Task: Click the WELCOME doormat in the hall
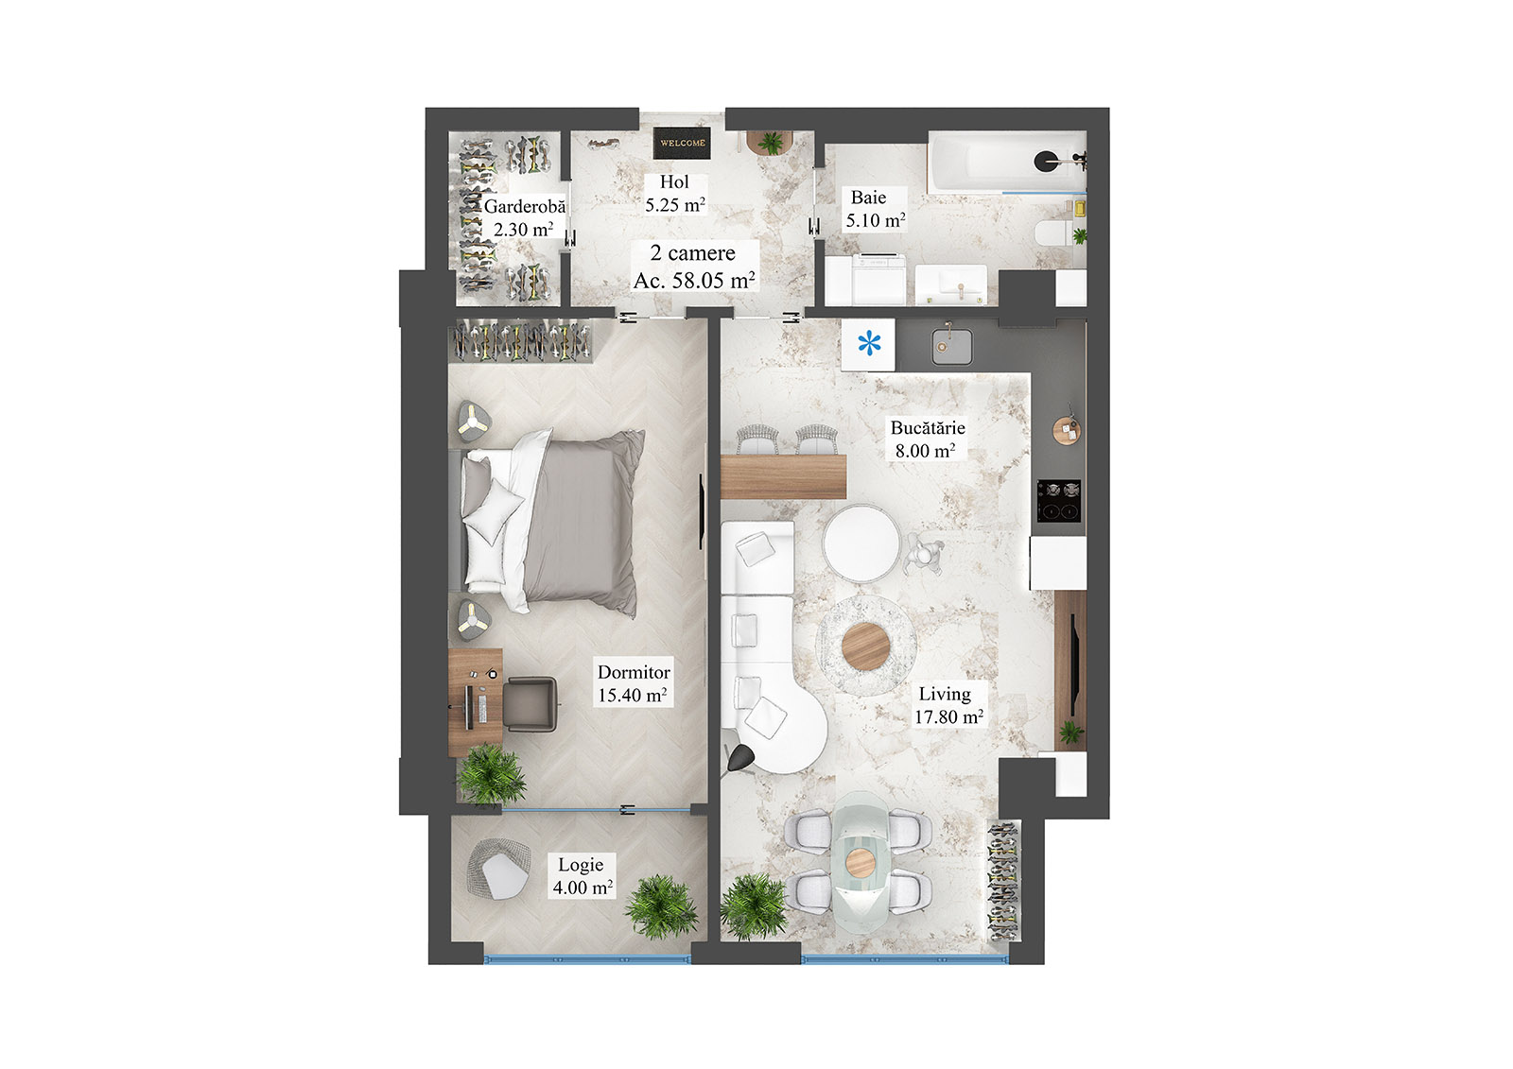click(682, 144)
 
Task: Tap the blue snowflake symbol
click(868, 344)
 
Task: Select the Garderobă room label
click(525, 206)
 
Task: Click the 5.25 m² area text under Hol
click(674, 204)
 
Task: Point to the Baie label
click(868, 198)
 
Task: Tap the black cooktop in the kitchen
click(1059, 500)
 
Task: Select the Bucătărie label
click(927, 427)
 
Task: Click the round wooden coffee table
click(865, 647)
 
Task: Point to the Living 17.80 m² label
click(947, 705)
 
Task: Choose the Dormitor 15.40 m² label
click(633, 683)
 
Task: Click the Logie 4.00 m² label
click(582, 876)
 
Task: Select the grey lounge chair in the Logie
click(498, 871)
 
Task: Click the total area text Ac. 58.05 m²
click(693, 281)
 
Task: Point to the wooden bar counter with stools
click(783, 475)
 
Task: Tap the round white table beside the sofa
click(861, 542)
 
